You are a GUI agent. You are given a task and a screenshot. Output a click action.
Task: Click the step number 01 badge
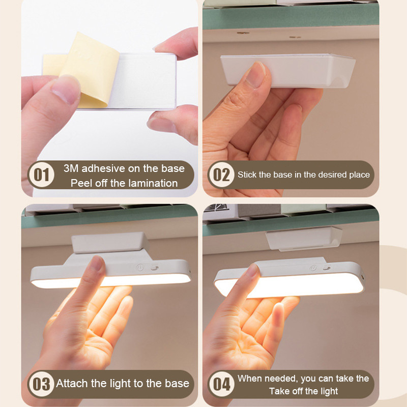coord(42,175)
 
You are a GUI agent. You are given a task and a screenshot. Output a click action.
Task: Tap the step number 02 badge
coord(221,175)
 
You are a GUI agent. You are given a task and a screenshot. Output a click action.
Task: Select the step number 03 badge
coord(42,384)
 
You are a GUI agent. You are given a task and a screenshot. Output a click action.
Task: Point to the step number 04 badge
coord(221,384)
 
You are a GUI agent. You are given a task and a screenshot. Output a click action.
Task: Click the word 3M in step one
coord(71,168)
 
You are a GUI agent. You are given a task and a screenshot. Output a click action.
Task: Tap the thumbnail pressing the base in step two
coord(256,75)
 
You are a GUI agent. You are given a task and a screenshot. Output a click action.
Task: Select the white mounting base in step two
coord(288,70)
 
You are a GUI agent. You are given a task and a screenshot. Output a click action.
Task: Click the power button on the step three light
coord(140,268)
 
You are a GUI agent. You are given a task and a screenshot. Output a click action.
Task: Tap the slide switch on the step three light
coord(155,268)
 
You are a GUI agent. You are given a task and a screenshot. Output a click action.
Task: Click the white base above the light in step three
coord(110,243)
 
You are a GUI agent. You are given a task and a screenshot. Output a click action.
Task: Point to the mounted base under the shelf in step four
coord(304,238)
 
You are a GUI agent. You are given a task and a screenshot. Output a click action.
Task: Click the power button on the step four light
coord(313,269)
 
